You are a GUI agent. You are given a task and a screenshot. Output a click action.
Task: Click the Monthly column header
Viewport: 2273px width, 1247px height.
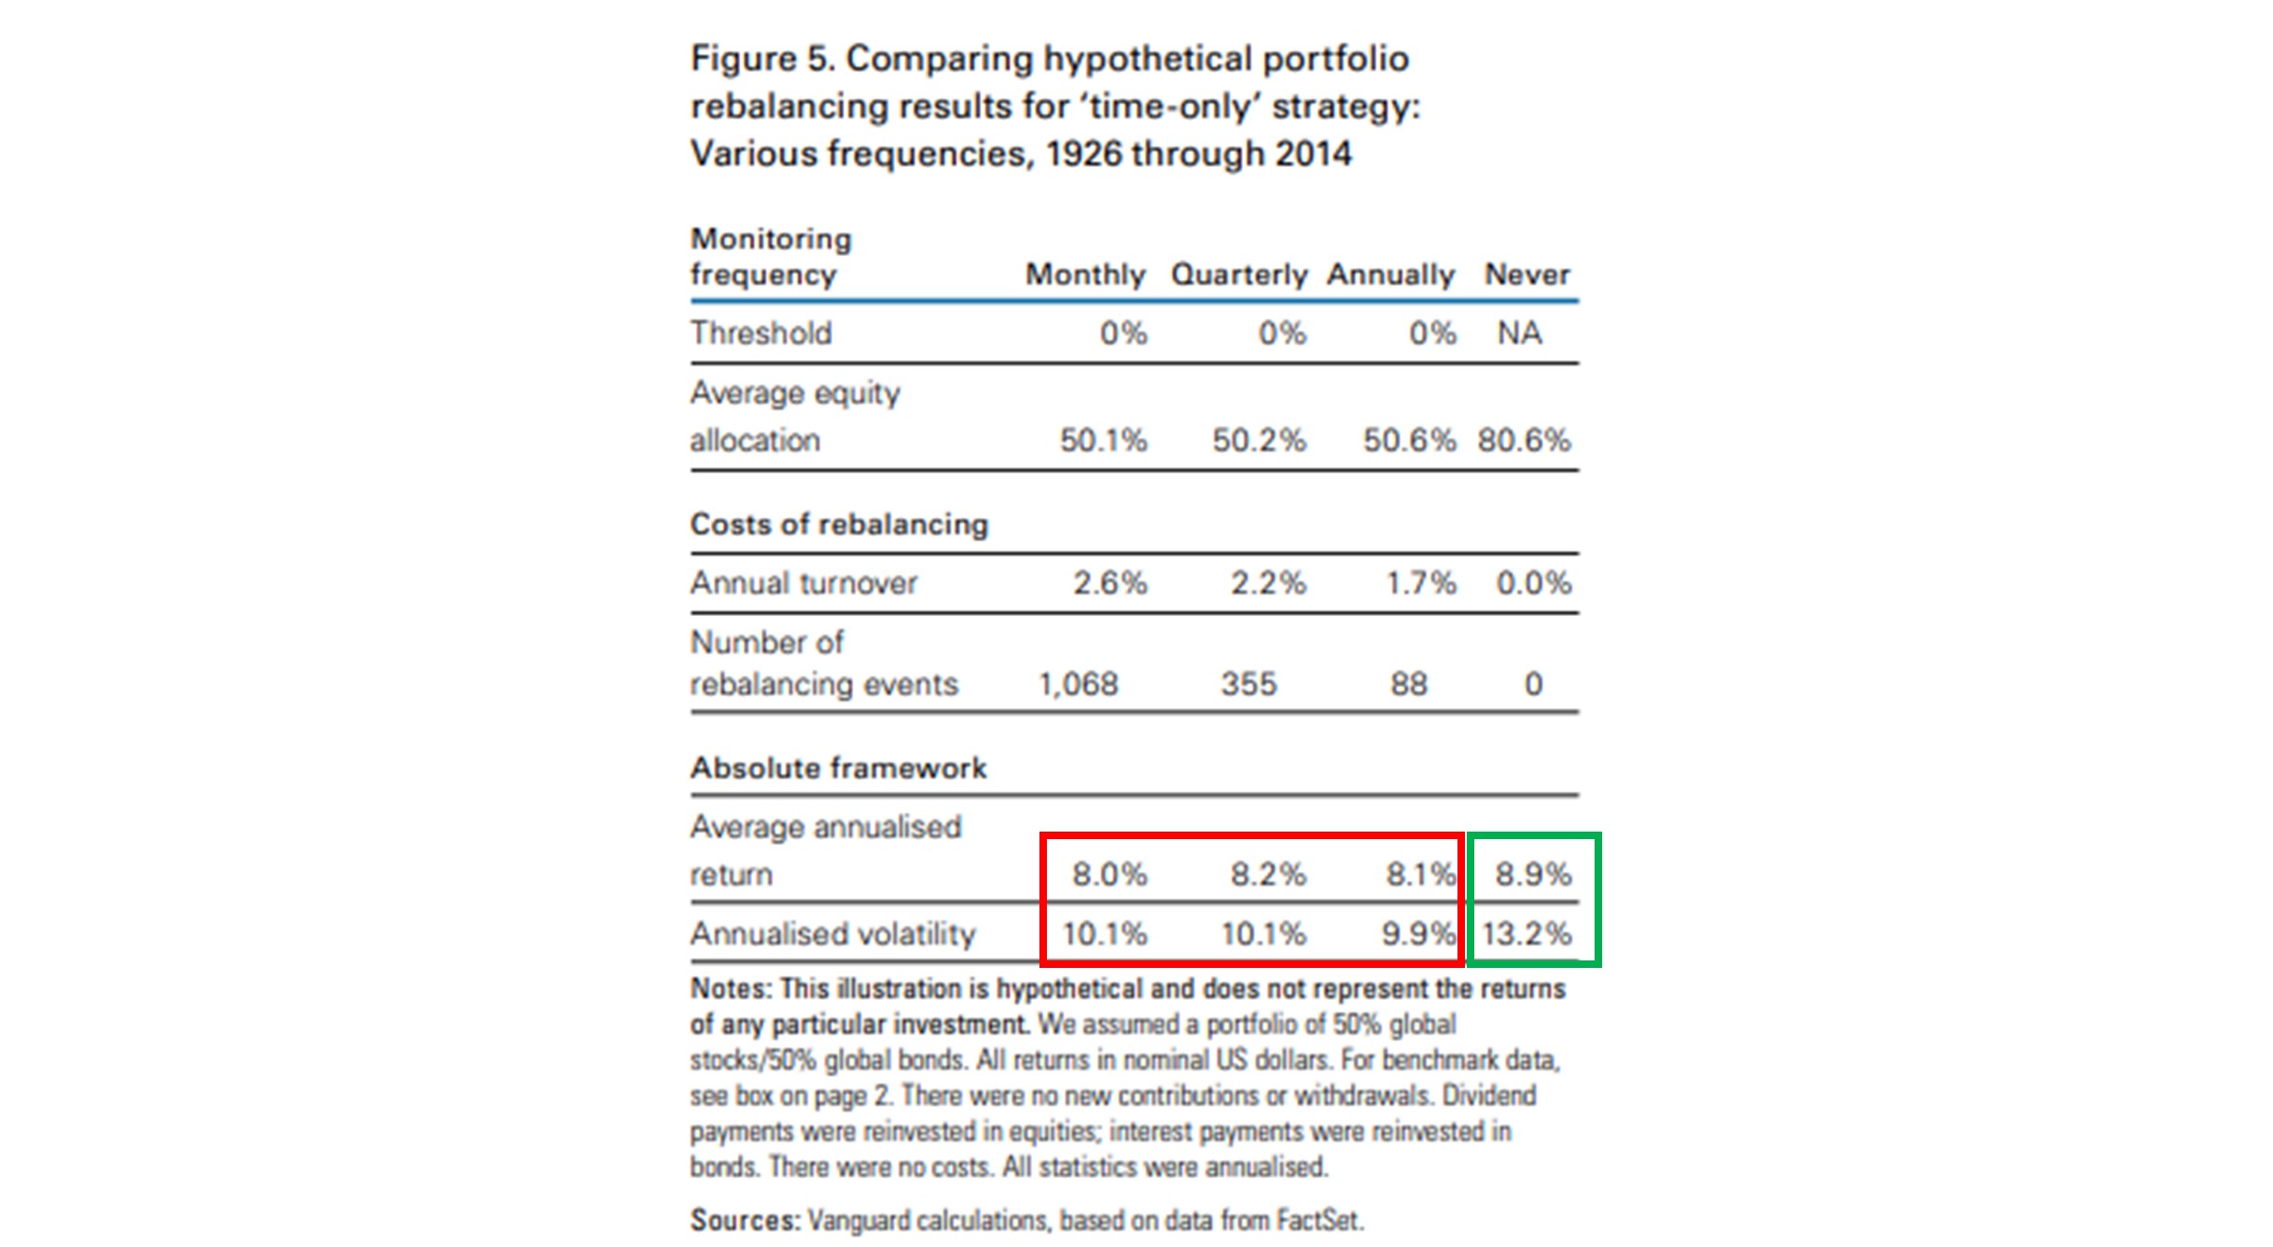tap(1085, 274)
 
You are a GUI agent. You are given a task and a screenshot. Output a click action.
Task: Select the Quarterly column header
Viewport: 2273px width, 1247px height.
tap(1238, 274)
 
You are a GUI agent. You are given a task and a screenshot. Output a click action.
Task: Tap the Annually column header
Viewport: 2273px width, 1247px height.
tap(1390, 274)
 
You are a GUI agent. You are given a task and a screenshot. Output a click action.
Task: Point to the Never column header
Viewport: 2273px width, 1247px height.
tap(1527, 274)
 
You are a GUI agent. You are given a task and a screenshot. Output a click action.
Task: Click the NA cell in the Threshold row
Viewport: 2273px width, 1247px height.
tap(1519, 333)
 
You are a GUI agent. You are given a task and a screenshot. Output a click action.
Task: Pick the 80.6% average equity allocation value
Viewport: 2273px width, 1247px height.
tap(1524, 441)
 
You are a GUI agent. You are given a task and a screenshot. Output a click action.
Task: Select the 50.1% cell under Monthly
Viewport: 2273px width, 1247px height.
tap(1103, 441)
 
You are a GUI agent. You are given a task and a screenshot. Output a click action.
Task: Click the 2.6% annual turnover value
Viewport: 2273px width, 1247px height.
tap(1109, 583)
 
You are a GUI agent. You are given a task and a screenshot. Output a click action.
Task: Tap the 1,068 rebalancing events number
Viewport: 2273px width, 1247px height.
tap(1078, 684)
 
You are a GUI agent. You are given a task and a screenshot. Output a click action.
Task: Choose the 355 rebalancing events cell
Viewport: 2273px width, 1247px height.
tap(1248, 684)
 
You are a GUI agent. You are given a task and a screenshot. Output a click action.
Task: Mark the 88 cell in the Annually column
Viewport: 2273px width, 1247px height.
tap(1409, 684)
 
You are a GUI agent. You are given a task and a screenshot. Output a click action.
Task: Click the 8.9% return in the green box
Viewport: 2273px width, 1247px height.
tap(1533, 875)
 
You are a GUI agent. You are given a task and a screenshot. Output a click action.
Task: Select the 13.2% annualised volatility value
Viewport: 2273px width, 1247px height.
tap(1527, 933)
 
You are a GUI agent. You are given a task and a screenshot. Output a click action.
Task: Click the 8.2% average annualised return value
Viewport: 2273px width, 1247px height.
tap(1267, 875)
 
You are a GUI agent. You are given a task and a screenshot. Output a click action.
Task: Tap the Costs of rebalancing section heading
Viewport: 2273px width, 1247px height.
tap(839, 525)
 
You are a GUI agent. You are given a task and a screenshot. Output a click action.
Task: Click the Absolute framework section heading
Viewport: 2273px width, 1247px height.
tap(838, 768)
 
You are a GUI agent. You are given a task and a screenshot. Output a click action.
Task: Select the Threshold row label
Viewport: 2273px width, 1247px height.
tap(760, 333)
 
